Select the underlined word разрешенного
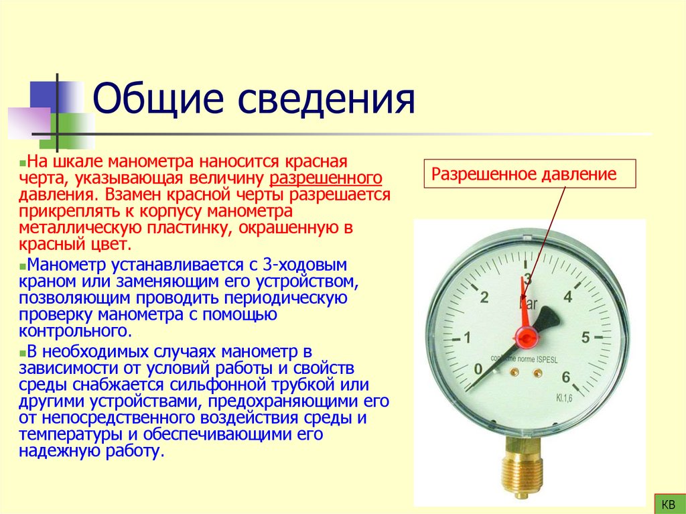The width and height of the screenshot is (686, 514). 326,179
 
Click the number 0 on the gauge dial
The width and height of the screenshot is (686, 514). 477,369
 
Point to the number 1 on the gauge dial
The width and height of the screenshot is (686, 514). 468,336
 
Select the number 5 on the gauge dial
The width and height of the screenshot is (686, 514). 586,337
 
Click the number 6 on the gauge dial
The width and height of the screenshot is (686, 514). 567,377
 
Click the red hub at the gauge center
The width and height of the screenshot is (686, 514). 525,334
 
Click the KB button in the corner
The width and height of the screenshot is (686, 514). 668,503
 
